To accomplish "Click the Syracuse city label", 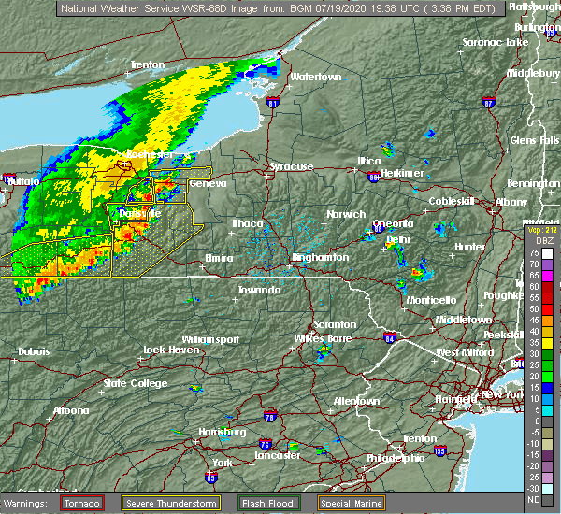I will click(x=292, y=166).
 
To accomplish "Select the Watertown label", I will click(x=316, y=76).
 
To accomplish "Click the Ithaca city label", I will click(x=247, y=223).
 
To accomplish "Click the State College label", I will click(x=128, y=383).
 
